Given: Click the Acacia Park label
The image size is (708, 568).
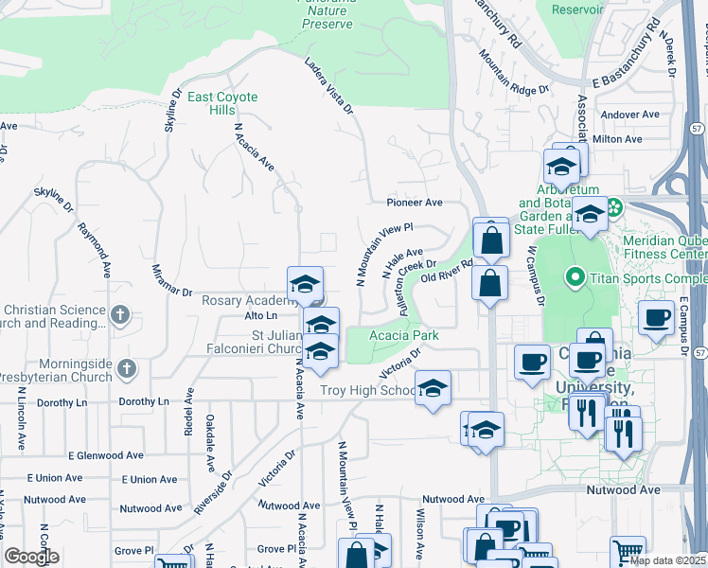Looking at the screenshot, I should [x=403, y=335].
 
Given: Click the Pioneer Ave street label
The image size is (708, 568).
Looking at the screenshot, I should [x=414, y=203].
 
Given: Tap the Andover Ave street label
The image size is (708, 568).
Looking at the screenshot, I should [x=629, y=115].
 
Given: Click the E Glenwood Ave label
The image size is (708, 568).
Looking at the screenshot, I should [x=105, y=455].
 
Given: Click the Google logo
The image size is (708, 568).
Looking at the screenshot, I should [x=32, y=557].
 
